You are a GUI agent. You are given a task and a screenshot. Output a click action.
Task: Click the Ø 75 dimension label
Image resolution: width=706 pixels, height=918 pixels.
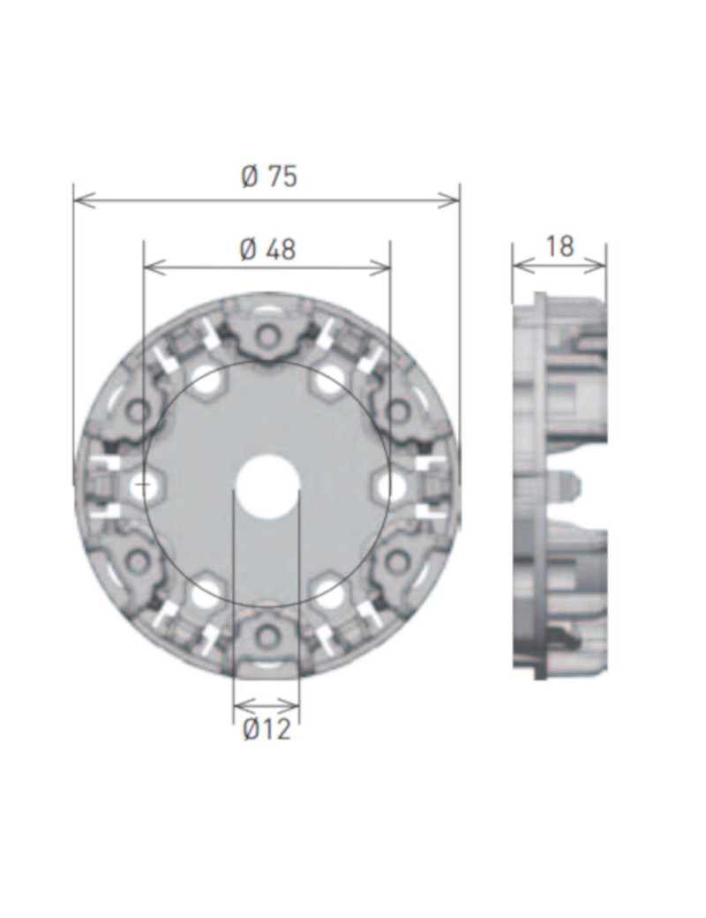click(x=269, y=177)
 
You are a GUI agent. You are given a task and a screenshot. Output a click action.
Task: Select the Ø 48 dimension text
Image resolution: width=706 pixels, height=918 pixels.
click(x=267, y=250)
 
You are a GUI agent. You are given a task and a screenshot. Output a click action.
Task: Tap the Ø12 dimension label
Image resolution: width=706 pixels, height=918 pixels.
click(x=266, y=730)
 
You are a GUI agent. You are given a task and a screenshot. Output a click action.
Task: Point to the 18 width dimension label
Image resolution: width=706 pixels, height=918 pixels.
click(x=560, y=246)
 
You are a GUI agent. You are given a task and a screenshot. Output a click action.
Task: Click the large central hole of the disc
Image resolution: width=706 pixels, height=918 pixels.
click(x=267, y=486)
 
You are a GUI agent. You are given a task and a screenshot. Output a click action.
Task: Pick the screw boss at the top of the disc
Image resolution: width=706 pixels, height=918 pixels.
click(x=267, y=335)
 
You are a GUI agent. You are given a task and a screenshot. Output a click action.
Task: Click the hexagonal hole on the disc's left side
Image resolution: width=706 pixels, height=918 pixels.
click(x=143, y=485)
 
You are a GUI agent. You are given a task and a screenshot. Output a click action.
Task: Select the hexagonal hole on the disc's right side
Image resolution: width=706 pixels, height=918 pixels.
click(x=391, y=485)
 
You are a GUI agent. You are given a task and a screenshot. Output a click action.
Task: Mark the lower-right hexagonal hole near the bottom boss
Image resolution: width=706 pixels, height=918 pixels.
click(x=328, y=593)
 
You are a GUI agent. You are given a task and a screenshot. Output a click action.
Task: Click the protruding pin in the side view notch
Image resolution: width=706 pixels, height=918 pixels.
click(x=567, y=485)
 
